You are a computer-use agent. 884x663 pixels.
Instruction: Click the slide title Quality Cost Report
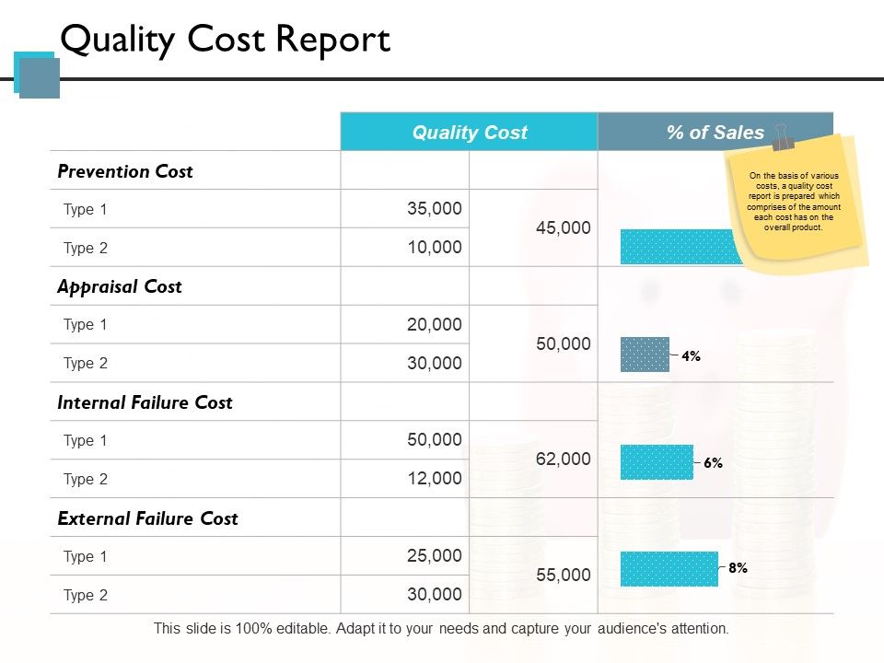click(225, 41)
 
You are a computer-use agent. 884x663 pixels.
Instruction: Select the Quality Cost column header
click(470, 133)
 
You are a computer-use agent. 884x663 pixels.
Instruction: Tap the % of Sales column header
click(715, 133)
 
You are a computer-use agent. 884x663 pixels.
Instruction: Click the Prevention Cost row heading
click(125, 171)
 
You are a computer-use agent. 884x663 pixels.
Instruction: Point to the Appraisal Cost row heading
click(120, 286)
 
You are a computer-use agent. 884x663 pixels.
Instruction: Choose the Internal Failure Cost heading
click(145, 402)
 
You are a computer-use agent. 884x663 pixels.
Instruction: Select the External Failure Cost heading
click(147, 518)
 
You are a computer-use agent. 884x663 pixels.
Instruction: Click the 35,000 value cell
click(434, 209)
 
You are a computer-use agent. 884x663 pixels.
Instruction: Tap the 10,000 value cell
click(434, 248)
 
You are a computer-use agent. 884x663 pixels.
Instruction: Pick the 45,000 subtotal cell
click(563, 228)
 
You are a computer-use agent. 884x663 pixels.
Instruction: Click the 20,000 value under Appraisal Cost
click(434, 324)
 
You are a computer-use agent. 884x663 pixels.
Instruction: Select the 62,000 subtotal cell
click(563, 459)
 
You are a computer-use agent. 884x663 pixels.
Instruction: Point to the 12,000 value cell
click(434, 479)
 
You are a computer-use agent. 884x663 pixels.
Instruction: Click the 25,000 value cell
click(434, 556)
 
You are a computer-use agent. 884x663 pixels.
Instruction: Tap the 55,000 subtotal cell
click(563, 576)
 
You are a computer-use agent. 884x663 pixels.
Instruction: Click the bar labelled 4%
click(645, 355)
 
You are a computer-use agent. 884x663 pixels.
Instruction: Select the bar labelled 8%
click(669, 569)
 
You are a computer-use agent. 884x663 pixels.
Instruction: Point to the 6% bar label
click(713, 464)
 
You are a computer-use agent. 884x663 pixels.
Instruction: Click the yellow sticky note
click(797, 203)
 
